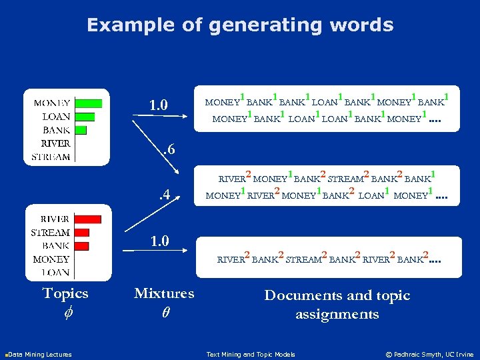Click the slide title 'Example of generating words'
[x=240, y=25]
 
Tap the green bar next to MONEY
[x=89, y=103]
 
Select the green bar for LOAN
[x=85, y=117]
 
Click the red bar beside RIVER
[x=88, y=219]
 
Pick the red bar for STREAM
[x=82, y=233]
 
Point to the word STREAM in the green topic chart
[x=51, y=157]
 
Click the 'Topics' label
[x=65, y=293]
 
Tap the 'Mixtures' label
[x=164, y=293]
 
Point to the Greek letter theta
[x=164, y=311]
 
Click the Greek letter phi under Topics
[x=65, y=311]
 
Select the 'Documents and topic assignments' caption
[x=337, y=304]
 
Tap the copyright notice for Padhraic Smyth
[x=429, y=354]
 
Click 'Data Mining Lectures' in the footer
[x=39, y=354]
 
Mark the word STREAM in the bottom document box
[x=303, y=260]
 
